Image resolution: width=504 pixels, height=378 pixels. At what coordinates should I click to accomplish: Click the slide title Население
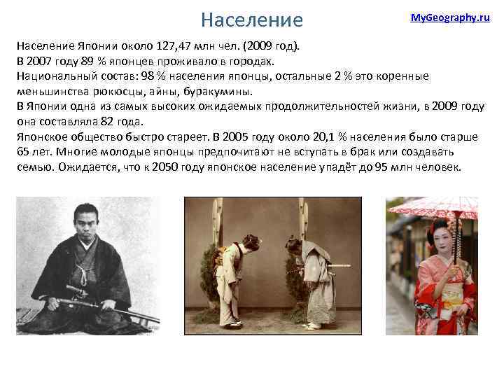click(251, 19)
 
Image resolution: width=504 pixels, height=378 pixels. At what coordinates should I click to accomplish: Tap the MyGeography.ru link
click(449, 17)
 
